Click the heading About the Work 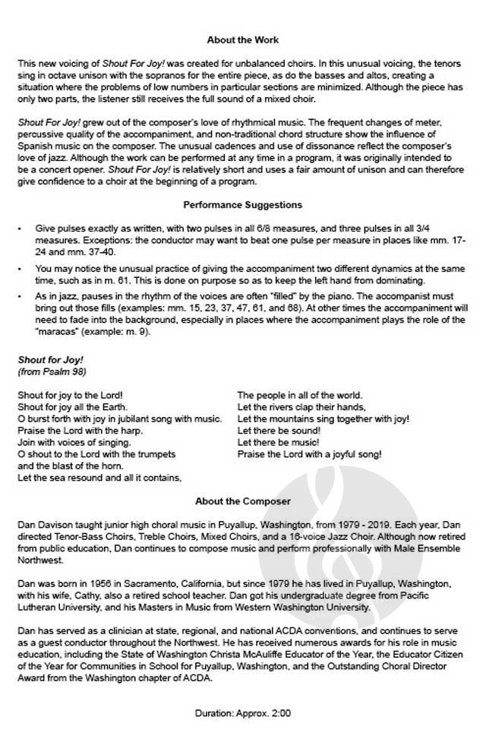click(x=243, y=40)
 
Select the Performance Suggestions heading click(x=243, y=204)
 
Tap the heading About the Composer click(x=243, y=501)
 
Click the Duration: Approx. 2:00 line click(x=243, y=714)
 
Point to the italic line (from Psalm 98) click(x=51, y=372)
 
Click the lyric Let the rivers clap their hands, click(x=301, y=407)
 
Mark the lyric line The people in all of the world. click(x=300, y=395)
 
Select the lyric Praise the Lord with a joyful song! click(x=309, y=454)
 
